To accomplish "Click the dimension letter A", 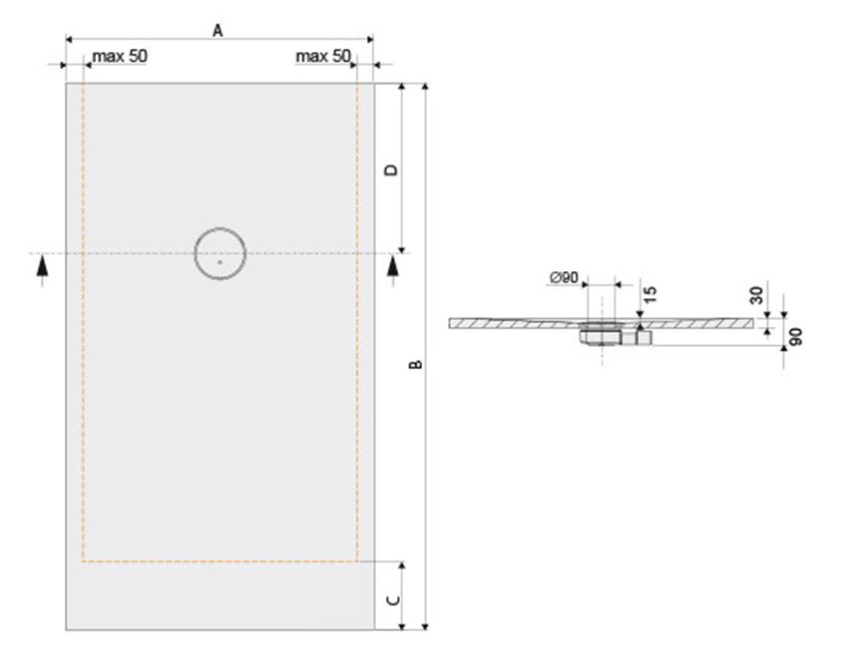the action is coord(217,31).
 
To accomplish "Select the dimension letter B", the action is coord(415,365).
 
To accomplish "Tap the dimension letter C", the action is coord(394,600).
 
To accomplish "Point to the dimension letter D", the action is coord(391,169).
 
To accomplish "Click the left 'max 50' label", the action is coord(120,56).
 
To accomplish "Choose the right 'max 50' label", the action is coord(323,56).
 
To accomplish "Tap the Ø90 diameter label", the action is coord(564,278).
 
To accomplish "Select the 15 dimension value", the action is coord(650,295).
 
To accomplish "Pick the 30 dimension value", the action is coord(757,295).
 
